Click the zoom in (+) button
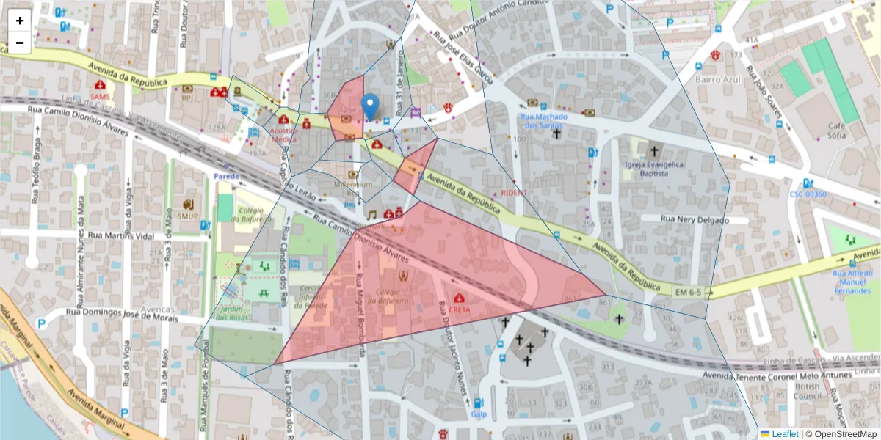[x=20, y=21]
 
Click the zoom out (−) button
[x=20, y=43]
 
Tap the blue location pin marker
[x=371, y=107]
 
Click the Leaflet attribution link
[x=784, y=434]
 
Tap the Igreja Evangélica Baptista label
[x=653, y=169]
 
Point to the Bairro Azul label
[x=717, y=79]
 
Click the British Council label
[x=807, y=391]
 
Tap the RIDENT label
[x=514, y=192]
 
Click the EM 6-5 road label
[x=689, y=293]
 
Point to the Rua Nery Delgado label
[x=694, y=219]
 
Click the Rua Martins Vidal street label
[x=121, y=235]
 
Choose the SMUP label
[x=188, y=216]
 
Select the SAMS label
[x=100, y=95]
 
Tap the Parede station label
[x=228, y=176]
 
